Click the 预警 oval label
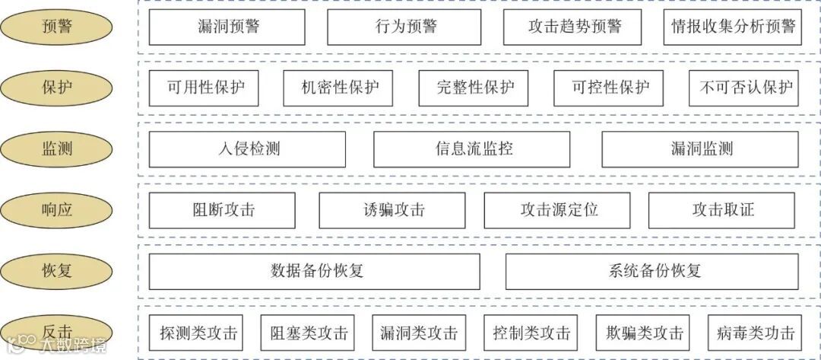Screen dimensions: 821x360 57,27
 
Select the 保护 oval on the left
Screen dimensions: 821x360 57,88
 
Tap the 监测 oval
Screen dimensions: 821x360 57,149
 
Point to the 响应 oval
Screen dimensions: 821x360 57,210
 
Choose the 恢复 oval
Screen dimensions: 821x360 57,270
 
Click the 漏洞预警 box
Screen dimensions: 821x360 227,27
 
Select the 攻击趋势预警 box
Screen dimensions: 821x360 575,27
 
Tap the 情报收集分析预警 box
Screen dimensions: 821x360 733,27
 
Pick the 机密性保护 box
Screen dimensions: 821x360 338,88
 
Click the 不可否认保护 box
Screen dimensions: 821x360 746,88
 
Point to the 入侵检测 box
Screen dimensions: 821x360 247,149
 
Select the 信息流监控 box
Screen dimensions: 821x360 471,149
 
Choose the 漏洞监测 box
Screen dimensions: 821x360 700,149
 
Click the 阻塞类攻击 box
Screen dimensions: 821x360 309,333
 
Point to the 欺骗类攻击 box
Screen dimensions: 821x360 643,333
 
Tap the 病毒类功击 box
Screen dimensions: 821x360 755,333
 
